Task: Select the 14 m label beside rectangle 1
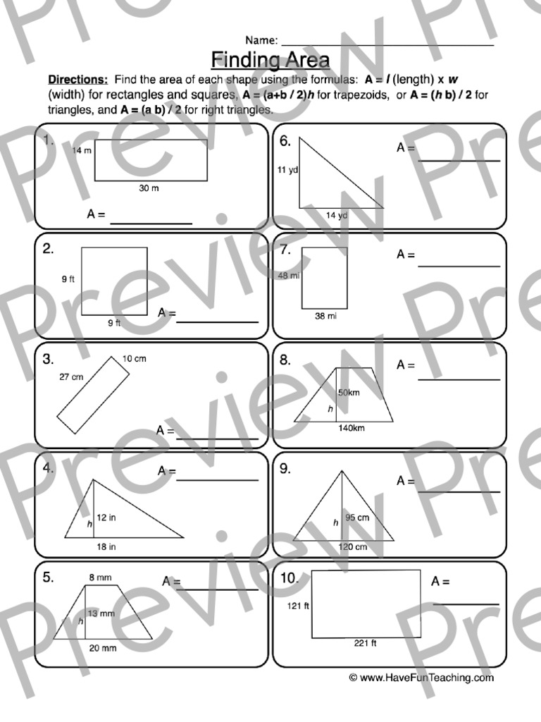(82, 151)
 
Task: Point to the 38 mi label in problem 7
(325, 317)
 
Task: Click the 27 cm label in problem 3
(71, 377)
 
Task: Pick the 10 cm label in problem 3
(135, 359)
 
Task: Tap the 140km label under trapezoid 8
(351, 428)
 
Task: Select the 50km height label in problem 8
(349, 392)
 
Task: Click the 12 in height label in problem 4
(106, 518)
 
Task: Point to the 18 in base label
(106, 546)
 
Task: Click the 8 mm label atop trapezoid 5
(100, 578)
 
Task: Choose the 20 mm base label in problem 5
(104, 648)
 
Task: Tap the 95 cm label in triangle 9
(358, 518)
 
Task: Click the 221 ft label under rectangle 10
(365, 643)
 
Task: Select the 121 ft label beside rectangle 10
(298, 606)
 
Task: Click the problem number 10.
(290, 579)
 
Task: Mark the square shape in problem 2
(115, 281)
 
